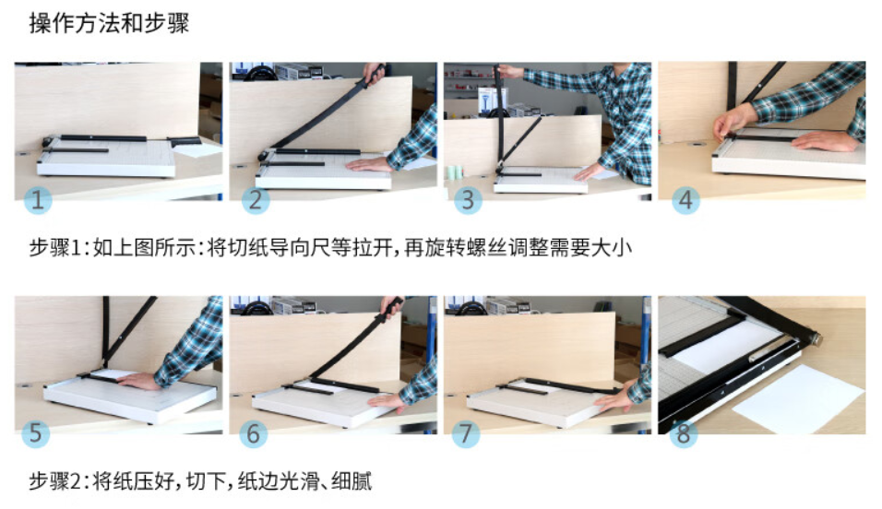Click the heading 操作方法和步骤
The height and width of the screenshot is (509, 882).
(109, 24)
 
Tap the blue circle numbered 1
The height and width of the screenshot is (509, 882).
(38, 200)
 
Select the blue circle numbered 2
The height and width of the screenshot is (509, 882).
(256, 200)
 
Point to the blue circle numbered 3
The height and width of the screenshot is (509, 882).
(468, 200)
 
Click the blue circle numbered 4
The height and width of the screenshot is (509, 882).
(685, 200)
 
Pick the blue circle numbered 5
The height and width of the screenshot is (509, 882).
(35, 433)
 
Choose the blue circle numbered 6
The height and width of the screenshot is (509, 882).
(253, 433)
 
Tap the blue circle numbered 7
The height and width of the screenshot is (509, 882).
(466, 433)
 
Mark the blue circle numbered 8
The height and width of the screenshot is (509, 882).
(684, 433)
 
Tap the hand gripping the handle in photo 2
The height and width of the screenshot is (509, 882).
(374, 72)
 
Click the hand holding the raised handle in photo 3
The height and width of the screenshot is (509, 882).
(511, 71)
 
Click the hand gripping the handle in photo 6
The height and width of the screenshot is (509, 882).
(392, 305)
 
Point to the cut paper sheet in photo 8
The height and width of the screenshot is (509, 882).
(799, 397)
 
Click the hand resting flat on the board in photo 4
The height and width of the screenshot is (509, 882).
(825, 141)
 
